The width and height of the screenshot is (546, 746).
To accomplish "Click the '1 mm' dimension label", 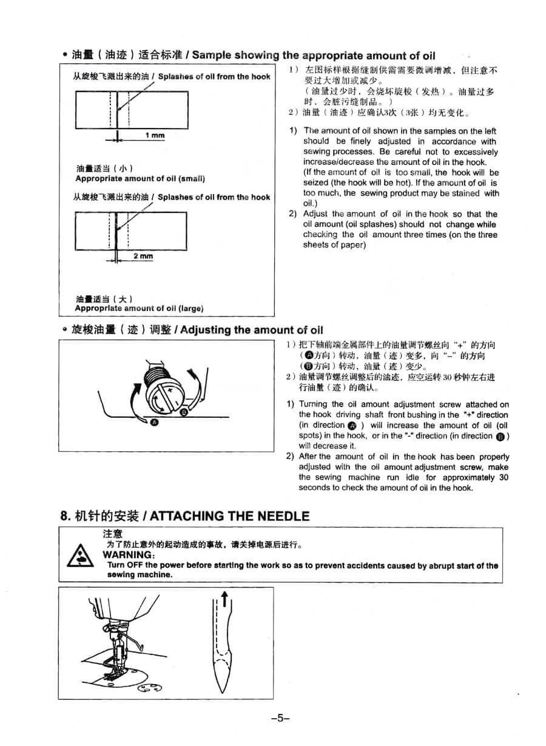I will coord(155,135).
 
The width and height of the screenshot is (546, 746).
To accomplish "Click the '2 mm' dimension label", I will coord(143,256).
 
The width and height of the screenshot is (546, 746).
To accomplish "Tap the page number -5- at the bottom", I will coord(279,718).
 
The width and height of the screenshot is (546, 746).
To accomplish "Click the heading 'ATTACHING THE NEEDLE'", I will coord(229,516).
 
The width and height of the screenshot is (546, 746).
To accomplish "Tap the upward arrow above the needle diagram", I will coord(224,599).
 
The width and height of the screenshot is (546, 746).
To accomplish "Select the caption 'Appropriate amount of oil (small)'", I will coord(140,179).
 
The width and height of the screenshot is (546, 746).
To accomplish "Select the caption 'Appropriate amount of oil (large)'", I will coord(139,308).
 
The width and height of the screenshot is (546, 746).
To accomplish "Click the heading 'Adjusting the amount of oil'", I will coord(252,330).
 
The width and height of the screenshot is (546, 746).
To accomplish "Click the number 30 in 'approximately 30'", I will coord(504,477).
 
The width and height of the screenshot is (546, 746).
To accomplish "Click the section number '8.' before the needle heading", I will coord(66,516).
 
